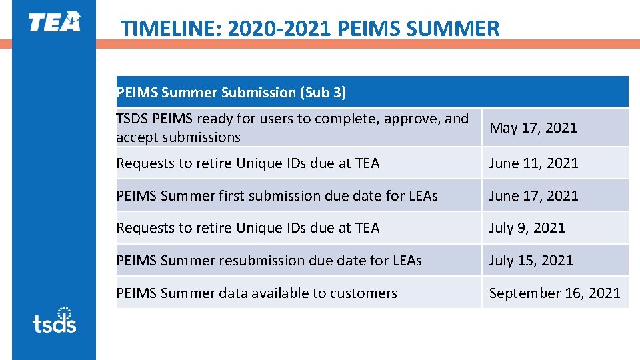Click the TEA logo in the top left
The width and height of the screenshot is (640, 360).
(54, 22)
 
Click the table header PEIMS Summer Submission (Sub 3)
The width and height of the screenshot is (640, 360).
(231, 93)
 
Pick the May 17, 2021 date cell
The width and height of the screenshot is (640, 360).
(533, 128)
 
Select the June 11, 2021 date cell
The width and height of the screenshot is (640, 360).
(533, 163)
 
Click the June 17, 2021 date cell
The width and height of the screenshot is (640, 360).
(533, 195)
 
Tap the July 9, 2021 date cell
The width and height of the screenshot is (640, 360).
(527, 228)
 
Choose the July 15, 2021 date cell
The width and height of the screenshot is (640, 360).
(531, 261)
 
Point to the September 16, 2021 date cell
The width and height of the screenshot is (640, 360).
(555, 293)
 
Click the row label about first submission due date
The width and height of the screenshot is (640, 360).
(277, 195)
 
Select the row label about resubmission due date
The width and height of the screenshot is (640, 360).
(269, 261)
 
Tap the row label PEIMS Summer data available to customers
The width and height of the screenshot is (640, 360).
(257, 293)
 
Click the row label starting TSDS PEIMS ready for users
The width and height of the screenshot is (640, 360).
(292, 128)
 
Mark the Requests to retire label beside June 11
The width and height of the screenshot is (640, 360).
(247, 163)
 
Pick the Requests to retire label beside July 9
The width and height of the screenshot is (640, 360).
(247, 228)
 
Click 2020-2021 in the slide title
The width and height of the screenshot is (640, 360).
(280, 29)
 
